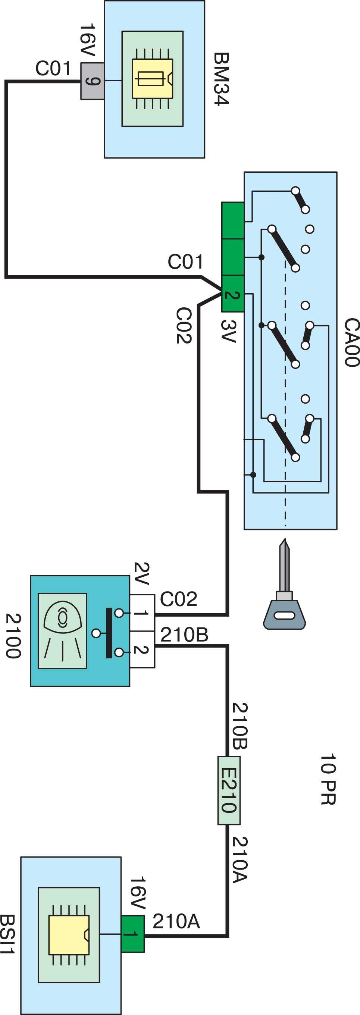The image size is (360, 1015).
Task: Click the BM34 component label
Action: point(221,79)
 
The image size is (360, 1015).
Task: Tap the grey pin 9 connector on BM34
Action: point(93,81)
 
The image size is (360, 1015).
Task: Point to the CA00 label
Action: point(352,342)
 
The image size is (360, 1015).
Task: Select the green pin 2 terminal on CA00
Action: point(233,294)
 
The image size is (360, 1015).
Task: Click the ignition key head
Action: point(284,615)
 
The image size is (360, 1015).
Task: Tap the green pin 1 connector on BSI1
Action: point(133,934)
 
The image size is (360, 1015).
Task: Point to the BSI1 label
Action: point(7,934)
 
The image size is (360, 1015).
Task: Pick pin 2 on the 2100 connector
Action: point(142,649)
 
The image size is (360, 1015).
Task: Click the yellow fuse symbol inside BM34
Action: point(153,79)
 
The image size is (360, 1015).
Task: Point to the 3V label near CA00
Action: point(229,331)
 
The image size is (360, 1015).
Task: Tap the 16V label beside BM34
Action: point(87,40)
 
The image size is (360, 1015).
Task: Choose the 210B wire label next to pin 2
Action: point(184,635)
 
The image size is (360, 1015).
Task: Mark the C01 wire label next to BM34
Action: point(53,68)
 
